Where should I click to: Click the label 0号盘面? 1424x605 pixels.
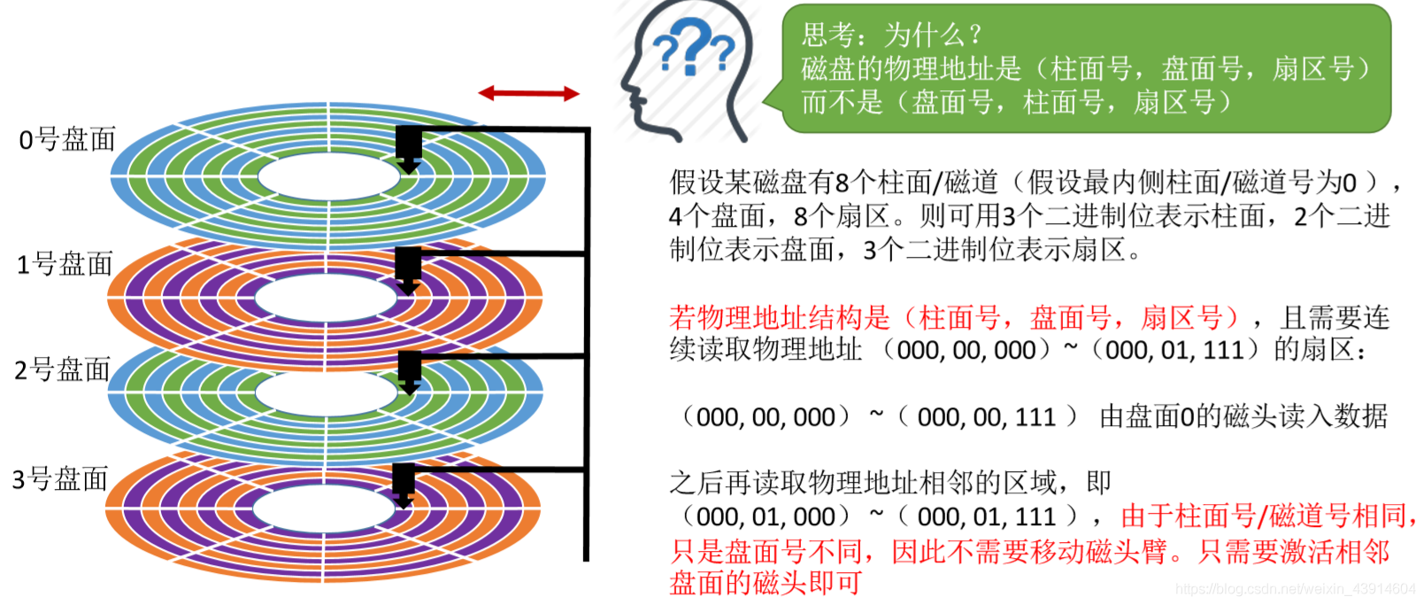coord(67,139)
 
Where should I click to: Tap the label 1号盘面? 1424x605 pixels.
coord(65,264)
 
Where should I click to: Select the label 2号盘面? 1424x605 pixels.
coord(63,369)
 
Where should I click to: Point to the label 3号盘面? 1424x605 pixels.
coord(60,479)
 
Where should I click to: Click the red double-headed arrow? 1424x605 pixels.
coord(528,93)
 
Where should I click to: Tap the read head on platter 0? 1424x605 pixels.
coord(408,148)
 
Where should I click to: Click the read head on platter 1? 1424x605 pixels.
coord(408,268)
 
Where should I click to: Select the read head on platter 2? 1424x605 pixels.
coord(409,371)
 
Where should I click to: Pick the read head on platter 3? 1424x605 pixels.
coord(404,484)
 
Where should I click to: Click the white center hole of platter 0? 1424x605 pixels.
coord(327,176)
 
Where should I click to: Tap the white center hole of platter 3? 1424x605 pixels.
coord(324,508)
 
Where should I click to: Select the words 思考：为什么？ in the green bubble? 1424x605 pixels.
coord(891,35)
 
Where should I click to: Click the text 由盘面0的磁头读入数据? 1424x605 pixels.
coord(1243,416)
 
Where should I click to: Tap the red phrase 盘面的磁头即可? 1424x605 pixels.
coord(766,583)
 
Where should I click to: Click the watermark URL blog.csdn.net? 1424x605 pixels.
coord(1296,589)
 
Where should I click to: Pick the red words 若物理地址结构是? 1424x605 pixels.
coord(779,317)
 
